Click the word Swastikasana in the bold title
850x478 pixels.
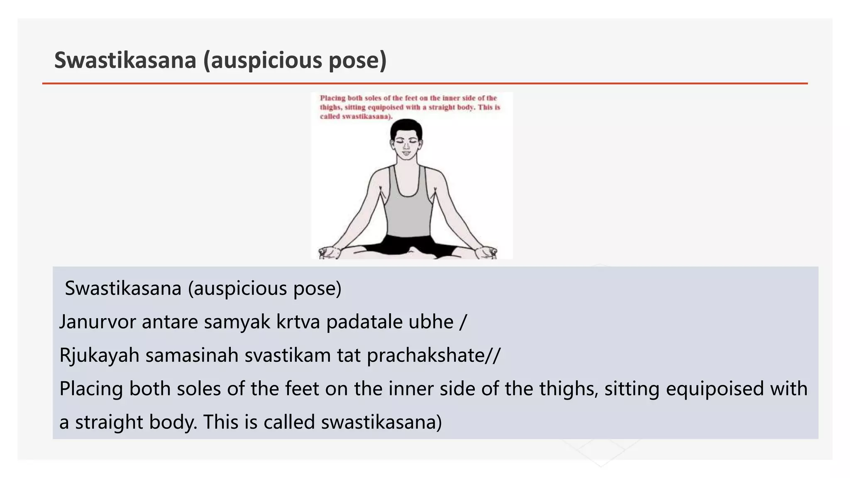(x=125, y=60)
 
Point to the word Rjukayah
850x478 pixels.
(x=99, y=356)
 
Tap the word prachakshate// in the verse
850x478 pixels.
(x=434, y=356)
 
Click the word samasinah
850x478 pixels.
(x=192, y=355)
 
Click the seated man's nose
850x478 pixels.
(x=406, y=146)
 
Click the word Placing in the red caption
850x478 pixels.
(x=332, y=98)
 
